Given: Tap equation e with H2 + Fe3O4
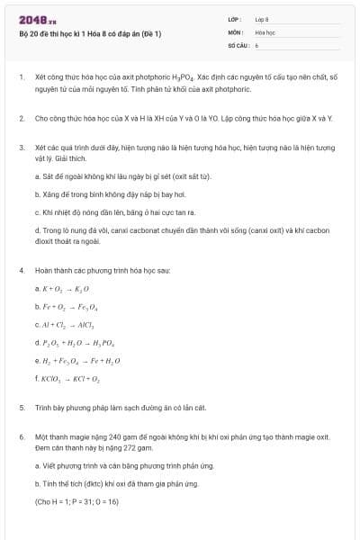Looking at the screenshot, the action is (78, 360).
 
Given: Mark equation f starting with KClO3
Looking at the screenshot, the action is (70, 378).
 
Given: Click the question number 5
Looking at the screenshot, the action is (21, 407).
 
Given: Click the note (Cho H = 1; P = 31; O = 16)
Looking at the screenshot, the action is (76, 500).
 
